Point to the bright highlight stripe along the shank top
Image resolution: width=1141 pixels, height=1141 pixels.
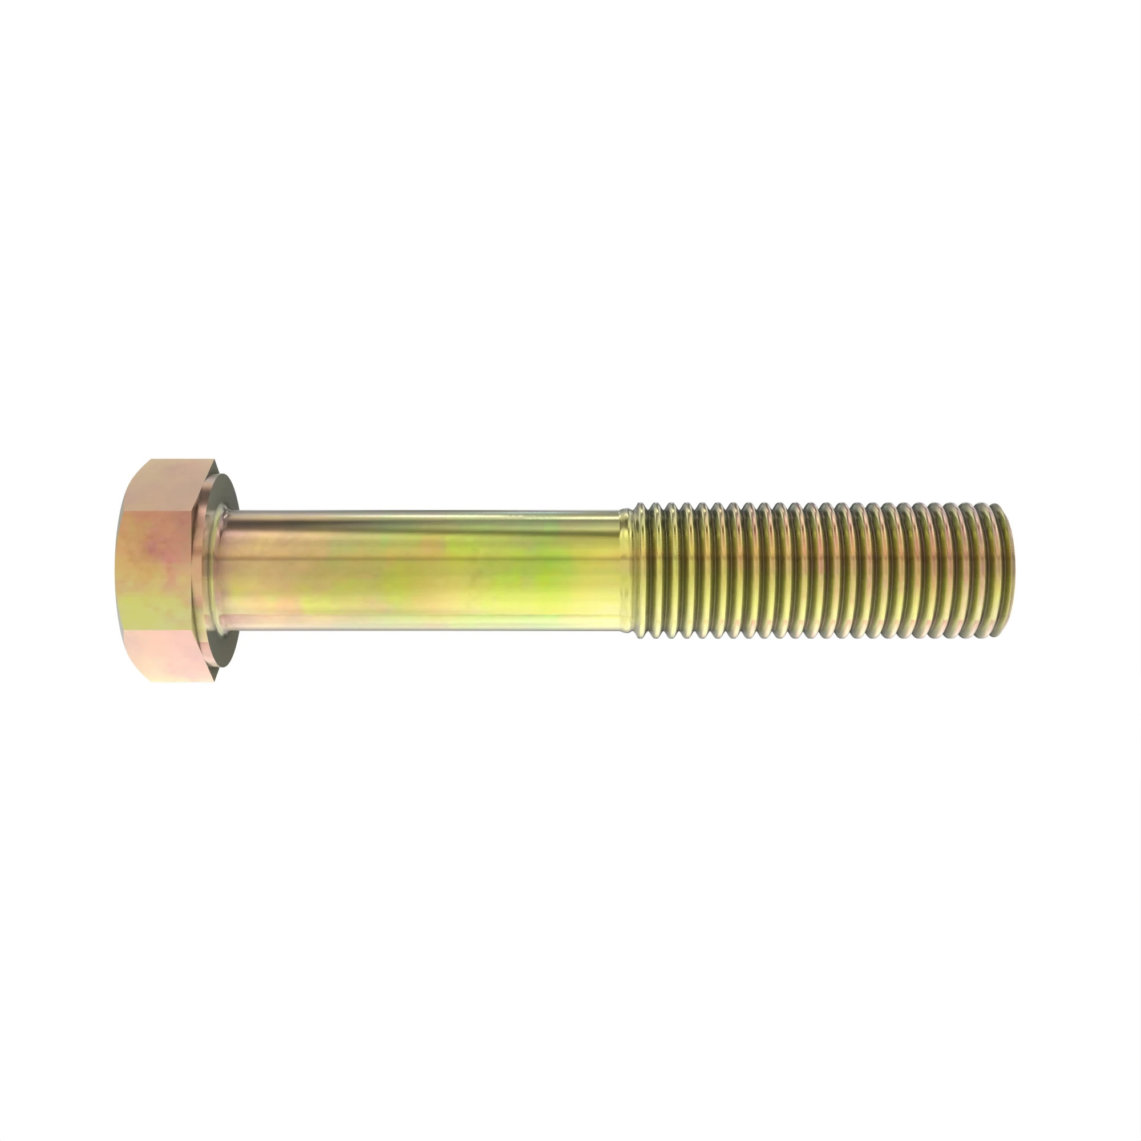point(414,518)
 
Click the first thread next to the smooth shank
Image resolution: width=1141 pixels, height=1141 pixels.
point(644,570)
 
